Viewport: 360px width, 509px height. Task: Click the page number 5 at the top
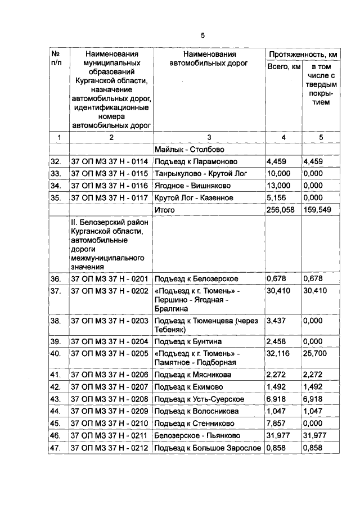(202, 35)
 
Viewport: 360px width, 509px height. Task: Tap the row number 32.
(56, 162)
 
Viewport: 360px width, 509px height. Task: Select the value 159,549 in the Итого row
(317, 210)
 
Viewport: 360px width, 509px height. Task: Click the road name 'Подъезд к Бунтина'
(188, 341)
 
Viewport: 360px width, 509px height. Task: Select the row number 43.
(56, 399)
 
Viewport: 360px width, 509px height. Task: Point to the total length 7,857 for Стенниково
(278, 422)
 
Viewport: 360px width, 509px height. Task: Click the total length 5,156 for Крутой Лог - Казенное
(278, 197)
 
